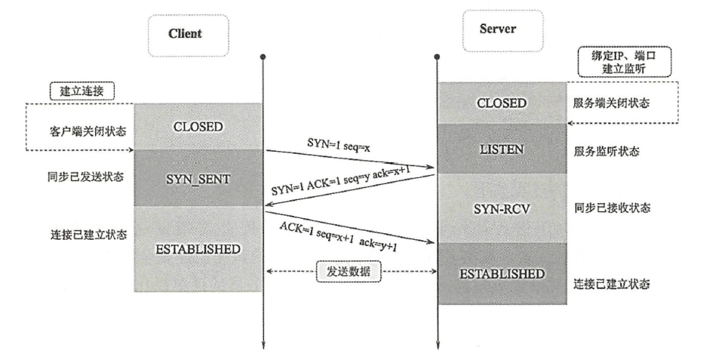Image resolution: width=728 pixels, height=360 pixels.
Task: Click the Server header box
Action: click(x=498, y=31)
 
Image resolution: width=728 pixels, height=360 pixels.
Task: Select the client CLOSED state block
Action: click(x=198, y=127)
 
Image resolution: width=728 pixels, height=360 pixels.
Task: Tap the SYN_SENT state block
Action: click(x=198, y=178)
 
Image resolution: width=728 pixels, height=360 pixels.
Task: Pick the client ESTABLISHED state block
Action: click(x=198, y=248)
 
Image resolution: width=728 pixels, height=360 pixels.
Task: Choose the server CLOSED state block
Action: click(x=501, y=103)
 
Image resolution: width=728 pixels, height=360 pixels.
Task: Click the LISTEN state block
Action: click(x=501, y=150)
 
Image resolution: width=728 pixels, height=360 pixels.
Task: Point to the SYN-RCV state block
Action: click(x=501, y=207)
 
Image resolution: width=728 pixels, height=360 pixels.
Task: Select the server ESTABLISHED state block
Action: click(x=501, y=273)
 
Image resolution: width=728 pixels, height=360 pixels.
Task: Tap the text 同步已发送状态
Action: click(x=83, y=177)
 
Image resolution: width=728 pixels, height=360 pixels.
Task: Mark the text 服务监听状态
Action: click(x=606, y=152)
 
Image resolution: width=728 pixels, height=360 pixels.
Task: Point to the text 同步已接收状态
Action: click(x=611, y=208)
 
